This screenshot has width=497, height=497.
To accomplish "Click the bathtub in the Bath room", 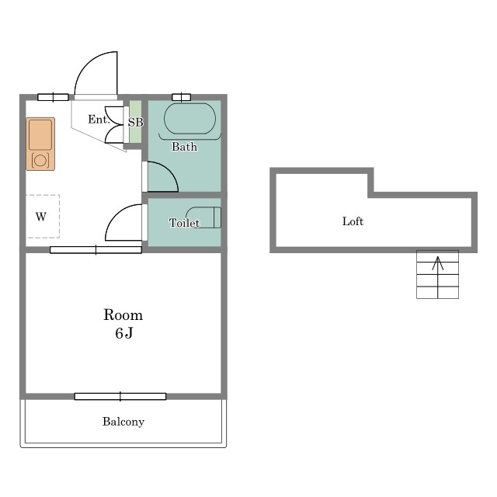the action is coord(189,119).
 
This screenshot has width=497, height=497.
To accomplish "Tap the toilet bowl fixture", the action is coord(203,217).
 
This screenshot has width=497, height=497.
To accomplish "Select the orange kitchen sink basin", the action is coord(40,134).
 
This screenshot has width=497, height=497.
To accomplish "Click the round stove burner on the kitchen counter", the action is coord(40,161).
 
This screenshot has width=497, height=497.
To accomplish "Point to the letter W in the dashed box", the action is coord(41,217).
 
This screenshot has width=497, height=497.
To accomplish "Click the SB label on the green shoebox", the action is coord(136,122).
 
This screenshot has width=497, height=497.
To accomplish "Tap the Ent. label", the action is coord(99,119).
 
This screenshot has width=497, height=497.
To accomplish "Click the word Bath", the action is coord(185,147).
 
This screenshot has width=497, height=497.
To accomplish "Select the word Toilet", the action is coord(184,223).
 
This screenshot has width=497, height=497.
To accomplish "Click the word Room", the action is coord(123,315).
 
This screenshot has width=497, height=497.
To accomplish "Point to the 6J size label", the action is coord(124,333).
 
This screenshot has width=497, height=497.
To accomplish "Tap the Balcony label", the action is coord(123,422).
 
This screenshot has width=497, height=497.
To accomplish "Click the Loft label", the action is coord(353,221).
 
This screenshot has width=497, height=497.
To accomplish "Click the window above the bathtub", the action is coord(181,97).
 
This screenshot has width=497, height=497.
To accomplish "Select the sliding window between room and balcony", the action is coord(120,396).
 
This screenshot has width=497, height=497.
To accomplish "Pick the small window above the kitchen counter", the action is coord(53,97).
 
